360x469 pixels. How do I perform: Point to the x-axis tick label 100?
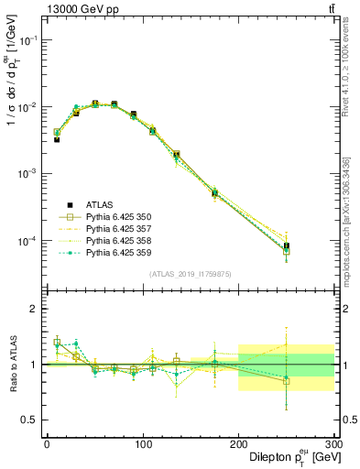143,443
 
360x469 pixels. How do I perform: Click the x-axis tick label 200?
239,443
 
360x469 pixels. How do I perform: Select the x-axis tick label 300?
333,443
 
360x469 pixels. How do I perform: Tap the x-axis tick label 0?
47,443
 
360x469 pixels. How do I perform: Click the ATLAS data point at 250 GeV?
287,246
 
